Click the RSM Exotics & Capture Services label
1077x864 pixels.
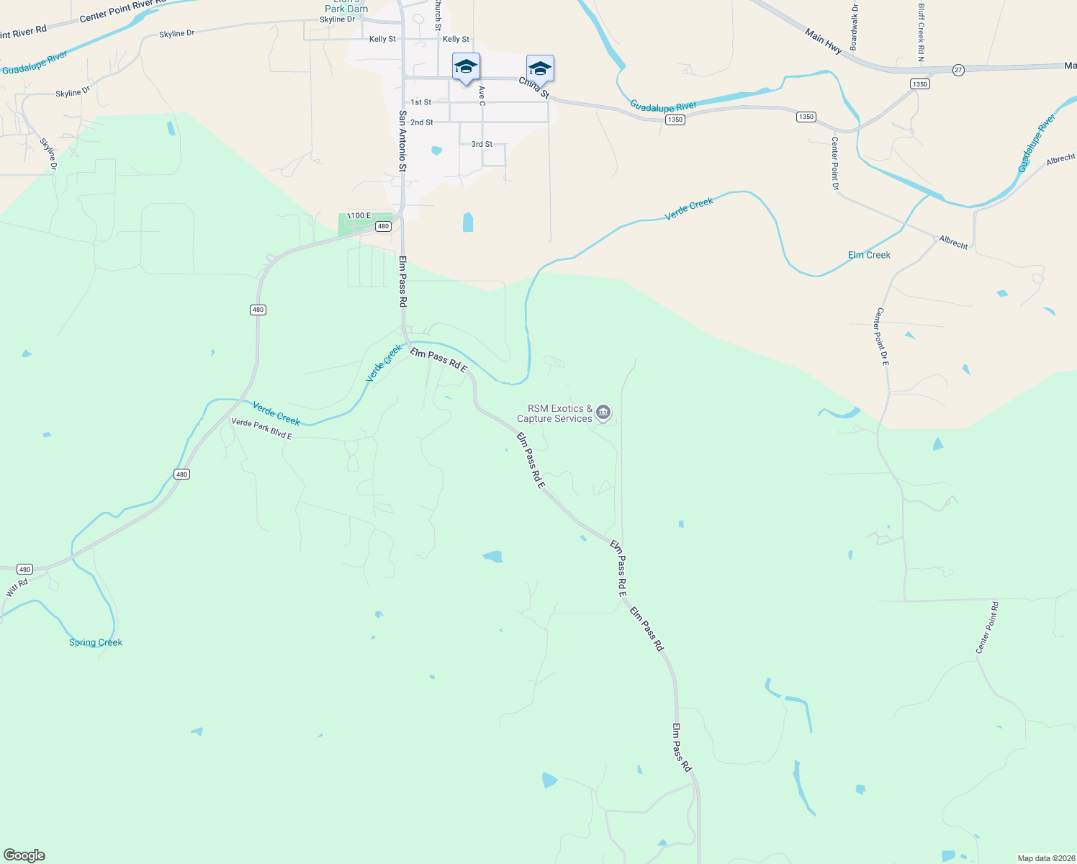(554, 413)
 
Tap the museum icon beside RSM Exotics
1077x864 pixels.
(604, 413)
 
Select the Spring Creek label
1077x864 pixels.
(96, 642)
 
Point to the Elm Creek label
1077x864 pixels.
(869, 255)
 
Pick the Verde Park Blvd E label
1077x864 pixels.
(261, 429)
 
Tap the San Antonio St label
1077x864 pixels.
(403, 140)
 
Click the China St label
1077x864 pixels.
(534, 89)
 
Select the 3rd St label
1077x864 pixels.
(482, 144)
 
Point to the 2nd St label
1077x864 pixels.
(422, 122)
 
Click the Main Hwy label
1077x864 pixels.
(824, 42)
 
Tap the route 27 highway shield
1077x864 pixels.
(958, 70)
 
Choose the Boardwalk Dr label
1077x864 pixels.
(854, 27)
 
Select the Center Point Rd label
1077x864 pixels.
(987, 628)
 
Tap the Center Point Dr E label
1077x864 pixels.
(882, 337)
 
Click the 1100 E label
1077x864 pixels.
(359, 216)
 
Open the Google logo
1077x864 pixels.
(24, 855)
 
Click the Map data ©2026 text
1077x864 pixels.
(1045, 858)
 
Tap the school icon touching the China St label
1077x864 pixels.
(540, 68)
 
